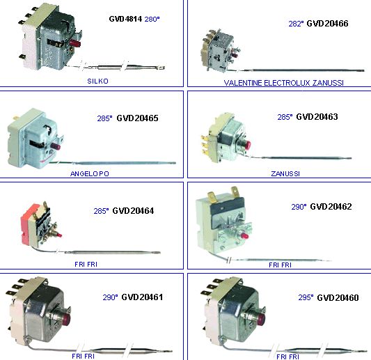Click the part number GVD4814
(125, 19)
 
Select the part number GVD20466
(327, 24)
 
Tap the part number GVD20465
(137, 118)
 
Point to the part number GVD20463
(317, 117)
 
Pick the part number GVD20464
(133, 211)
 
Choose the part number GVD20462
(331, 207)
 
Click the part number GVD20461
(142, 297)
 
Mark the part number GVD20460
(338, 297)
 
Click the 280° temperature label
(152, 19)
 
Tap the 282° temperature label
(296, 24)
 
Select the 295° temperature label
(306, 297)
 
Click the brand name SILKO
(97, 81)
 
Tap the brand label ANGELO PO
(90, 173)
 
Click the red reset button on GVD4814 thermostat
(75, 44)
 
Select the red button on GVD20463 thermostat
(248, 145)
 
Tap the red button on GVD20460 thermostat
(261, 320)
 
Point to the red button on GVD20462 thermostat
(244, 236)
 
